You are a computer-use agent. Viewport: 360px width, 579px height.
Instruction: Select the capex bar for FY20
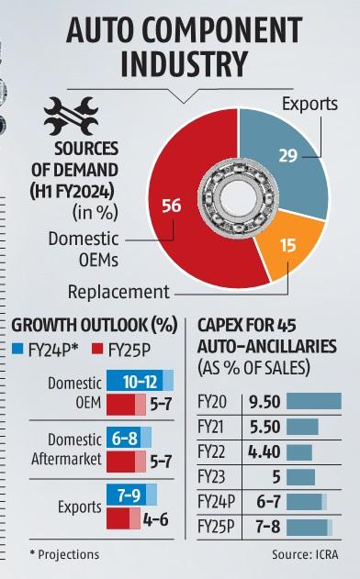point(313,401)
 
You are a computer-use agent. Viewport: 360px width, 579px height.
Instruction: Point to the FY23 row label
point(213,476)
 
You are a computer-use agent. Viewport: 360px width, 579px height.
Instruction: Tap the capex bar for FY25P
point(309,527)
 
